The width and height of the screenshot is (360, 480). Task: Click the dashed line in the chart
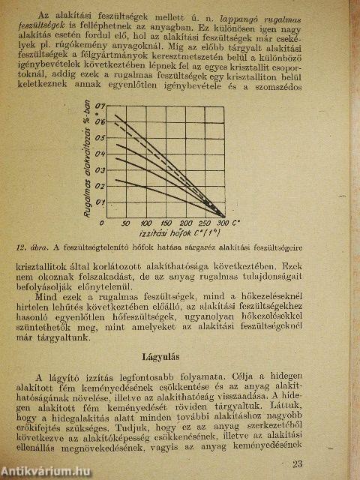pos(172,161)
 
